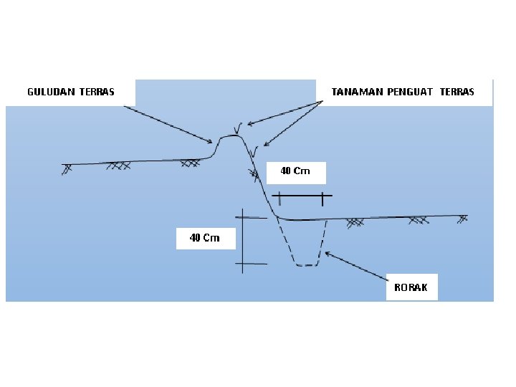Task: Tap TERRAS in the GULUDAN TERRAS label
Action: pyautogui.click(x=96, y=92)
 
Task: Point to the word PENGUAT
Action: pyautogui.click(x=410, y=92)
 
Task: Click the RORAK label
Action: pyautogui.click(x=411, y=287)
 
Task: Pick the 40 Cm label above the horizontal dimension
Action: pyautogui.click(x=295, y=171)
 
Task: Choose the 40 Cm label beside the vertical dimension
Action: pyautogui.click(x=204, y=238)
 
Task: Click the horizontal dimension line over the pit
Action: pyautogui.click(x=301, y=196)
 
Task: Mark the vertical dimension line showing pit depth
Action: pyautogui.click(x=244, y=240)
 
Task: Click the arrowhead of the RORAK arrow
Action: pyautogui.click(x=327, y=252)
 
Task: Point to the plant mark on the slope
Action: pyautogui.click(x=254, y=151)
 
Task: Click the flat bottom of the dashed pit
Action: pyautogui.click(x=307, y=265)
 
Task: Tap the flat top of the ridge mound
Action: pyautogui.click(x=229, y=136)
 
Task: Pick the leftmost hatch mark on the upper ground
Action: pyautogui.click(x=67, y=168)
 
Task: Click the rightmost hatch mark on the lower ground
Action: pyautogui.click(x=463, y=218)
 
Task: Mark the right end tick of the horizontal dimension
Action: pyautogui.click(x=322, y=198)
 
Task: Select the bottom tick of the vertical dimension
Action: pyautogui.click(x=250, y=264)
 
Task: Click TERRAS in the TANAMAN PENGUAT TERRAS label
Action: pyautogui.click(x=457, y=92)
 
